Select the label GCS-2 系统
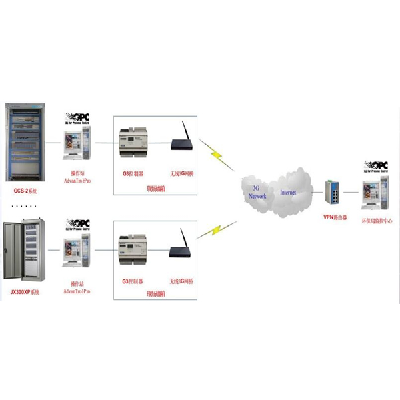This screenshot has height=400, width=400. (x=26, y=191)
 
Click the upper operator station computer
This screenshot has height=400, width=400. (x=76, y=144)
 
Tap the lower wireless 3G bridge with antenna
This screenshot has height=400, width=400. (x=180, y=247)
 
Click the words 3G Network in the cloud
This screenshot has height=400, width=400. (x=257, y=193)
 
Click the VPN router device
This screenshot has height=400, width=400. (x=332, y=193)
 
